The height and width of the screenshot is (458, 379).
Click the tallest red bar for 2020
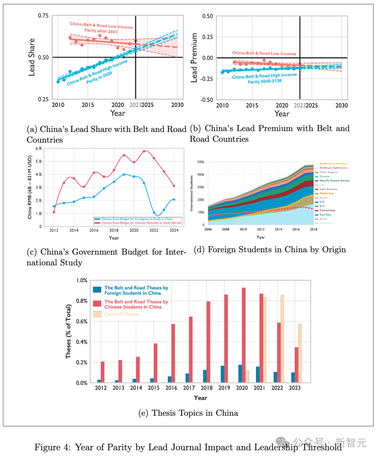pyautogui.click(x=244, y=335)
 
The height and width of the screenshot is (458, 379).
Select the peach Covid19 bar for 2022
pyautogui.click(x=282, y=338)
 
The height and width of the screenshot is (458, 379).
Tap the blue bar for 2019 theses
pyautogui.click(x=222, y=374)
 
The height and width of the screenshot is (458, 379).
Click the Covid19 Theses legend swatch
pyautogui.click(x=97, y=314)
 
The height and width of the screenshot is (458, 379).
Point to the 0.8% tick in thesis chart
pyautogui.click(x=82, y=301)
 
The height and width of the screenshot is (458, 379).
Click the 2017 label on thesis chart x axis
pyautogui.click(x=189, y=388)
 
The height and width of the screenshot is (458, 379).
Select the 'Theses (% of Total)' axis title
pyautogui.click(x=68, y=331)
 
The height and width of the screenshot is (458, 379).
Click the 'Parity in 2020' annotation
pyautogui.click(x=99, y=78)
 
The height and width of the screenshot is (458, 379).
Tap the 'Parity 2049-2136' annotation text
pyautogui.click(x=265, y=81)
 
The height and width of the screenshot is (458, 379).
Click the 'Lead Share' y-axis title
pyautogui.click(x=32, y=57)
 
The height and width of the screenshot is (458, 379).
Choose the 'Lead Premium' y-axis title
pyautogui.click(x=194, y=58)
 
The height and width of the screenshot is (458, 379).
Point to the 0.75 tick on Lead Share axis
pyautogui.click(x=43, y=16)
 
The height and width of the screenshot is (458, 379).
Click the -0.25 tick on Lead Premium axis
pyautogui.click(x=207, y=79)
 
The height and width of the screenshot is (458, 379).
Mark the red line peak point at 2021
pyautogui.click(x=144, y=151)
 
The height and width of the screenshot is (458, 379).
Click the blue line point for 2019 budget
pyautogui.click(x=124, y=174)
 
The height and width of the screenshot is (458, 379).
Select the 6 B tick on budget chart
pyautogui.click(x=39, y=148)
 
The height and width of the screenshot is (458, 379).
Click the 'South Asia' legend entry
pyautogui.click(x=326, y=223)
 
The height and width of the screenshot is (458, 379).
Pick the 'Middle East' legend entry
pyautogui.click(x=326, y=193)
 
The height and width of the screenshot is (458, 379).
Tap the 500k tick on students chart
pyautogui.click(x=201, y=162)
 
